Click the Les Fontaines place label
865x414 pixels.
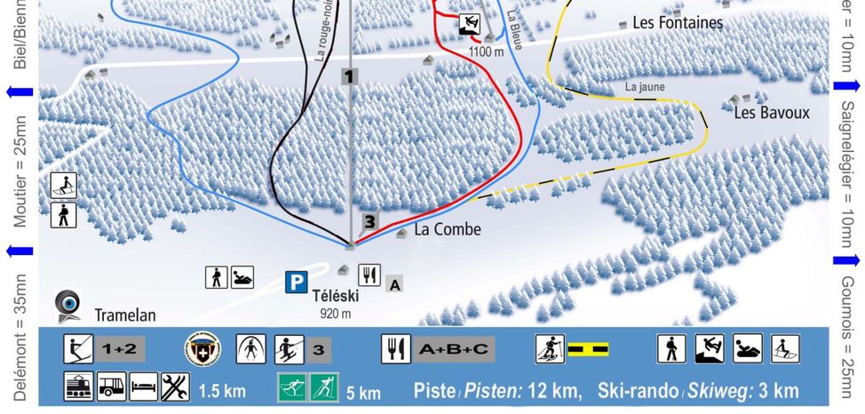[x=678, y=24]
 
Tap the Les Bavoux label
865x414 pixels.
[x=771, y=113]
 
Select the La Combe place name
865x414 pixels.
[x=448, y=230]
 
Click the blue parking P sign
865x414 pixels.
[x=296, y=283]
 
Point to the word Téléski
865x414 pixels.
[x=335, y=296]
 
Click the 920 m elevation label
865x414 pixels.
[x=335, y=313]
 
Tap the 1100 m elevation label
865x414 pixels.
[x=486, y=52]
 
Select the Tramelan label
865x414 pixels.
[x=125, y=314]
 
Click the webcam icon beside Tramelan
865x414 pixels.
[x=68, y=304]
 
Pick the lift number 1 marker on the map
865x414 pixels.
[x=349, y=77]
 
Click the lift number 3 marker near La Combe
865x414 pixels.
[x=369, y=221]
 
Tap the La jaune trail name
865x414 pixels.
[x=645, y=87]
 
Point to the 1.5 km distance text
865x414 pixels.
[x=221, y=391]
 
